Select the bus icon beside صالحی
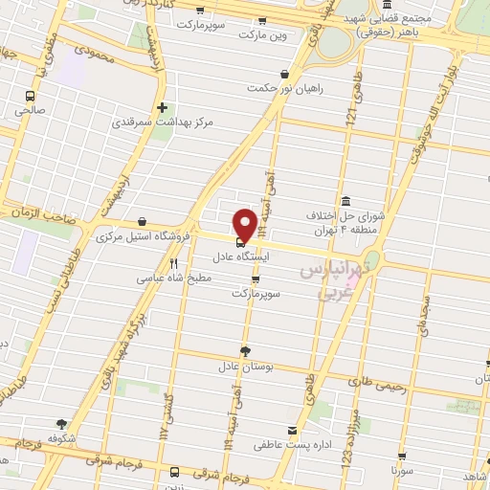coord(31,96)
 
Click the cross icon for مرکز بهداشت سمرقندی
coord(162,107)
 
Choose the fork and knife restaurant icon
coord(173,263)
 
